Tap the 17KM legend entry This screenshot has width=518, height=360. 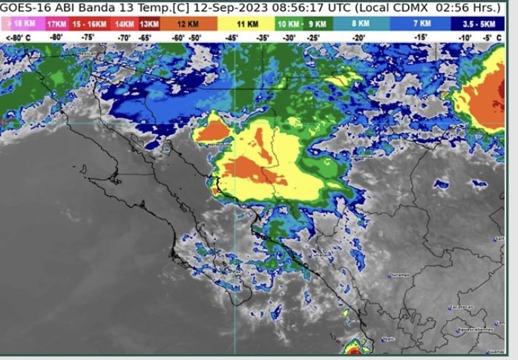(56, 24)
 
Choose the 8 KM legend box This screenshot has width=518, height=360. (361, 24)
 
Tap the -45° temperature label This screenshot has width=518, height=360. (232, 36)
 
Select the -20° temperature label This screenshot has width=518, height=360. (359, 36)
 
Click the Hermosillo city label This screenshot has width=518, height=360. (220, 145)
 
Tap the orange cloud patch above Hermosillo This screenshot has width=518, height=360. (211, 131)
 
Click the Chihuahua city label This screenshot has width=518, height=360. (364, 157)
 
